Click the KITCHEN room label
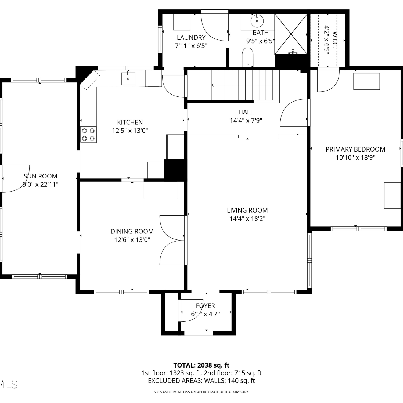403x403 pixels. click(x=130, y=122)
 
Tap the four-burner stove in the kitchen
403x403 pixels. click(x=88, y=135)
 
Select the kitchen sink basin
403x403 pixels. click(x=128, y=78)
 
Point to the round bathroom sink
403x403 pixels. click(x=257, y=21)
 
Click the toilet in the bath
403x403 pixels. click(x=248, y=57)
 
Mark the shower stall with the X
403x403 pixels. click(x=291, y=34)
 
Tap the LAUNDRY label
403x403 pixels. click(x=191, y=38)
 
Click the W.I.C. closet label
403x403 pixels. click(x=334, y=39)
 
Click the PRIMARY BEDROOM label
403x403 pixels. click(x=355, y=149)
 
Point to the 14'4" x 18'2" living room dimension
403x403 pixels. click(x=247, y=219)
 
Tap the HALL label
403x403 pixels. click(x=246, y=112)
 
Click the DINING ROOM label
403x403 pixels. click(x=132, y=231)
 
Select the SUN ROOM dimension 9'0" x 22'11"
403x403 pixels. click(x=40, y=185)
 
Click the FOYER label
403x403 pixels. click(x=205, y=306)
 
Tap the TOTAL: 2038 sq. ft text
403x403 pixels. click(x=201, y=365)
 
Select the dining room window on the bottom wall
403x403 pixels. click(x=121, y=292)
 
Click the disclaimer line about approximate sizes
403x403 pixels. click(x=201, y=392)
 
